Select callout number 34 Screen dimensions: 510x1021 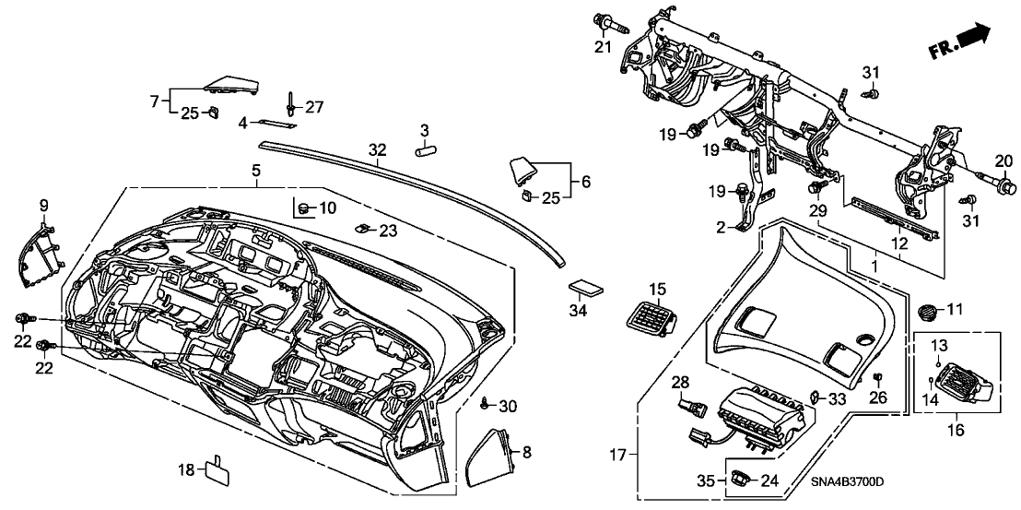click(578, 312)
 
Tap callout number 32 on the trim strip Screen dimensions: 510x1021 click(376, 149)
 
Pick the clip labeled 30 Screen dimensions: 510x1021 click(484, 403)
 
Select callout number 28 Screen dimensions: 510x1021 click(680, 382)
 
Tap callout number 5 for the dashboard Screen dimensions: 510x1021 click(256, 170)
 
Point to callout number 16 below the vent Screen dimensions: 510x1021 click(956, 431)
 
